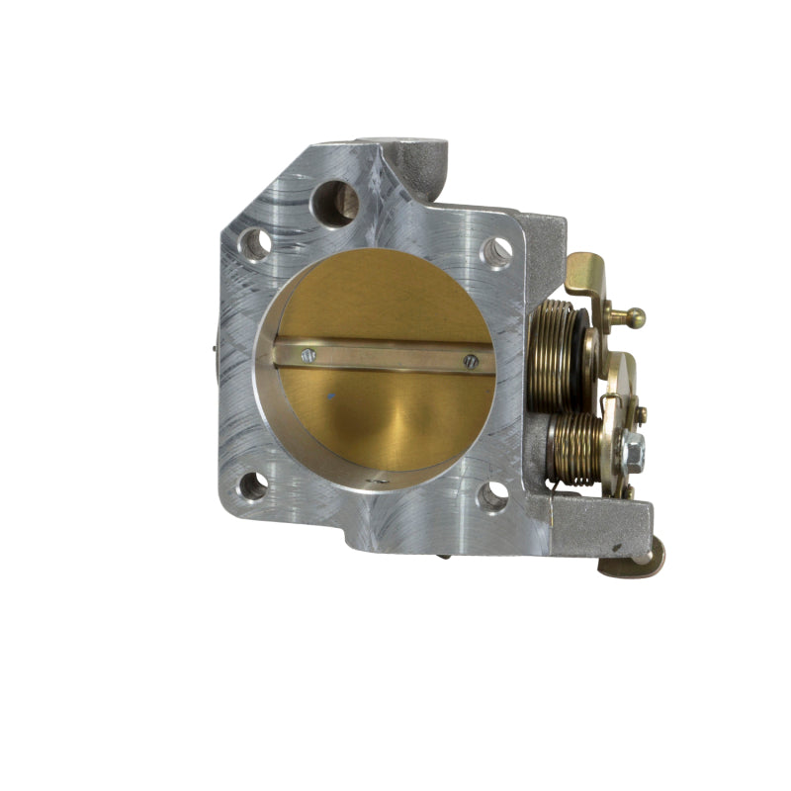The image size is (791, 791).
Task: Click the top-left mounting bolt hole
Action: (x=256, y=242)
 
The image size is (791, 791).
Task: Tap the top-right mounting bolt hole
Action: (x=495, y=251)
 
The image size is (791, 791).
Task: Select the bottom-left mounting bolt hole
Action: (x=253, y=485)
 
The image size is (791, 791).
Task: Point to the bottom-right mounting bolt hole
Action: (x=491, y=495)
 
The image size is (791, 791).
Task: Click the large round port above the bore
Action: (x=334, y=202)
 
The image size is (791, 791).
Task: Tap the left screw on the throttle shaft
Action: (x=308, y=355)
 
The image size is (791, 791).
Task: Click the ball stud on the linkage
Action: (x=633, y=317)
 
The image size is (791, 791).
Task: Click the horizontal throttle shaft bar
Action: (x=386, y=356)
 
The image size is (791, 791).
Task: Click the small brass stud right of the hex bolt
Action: (x=642, y=412)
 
